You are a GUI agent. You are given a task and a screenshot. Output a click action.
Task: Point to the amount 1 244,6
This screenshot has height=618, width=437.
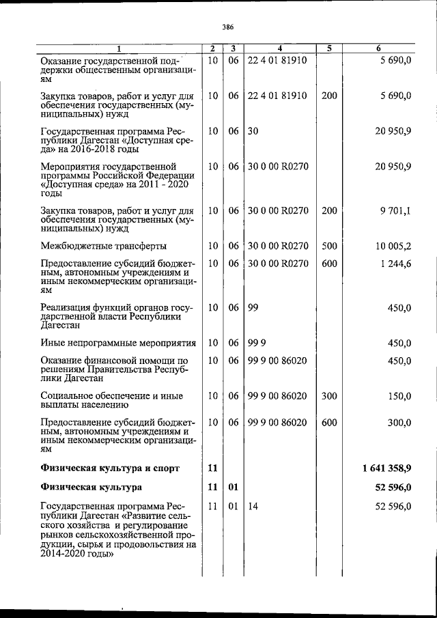[x=391, y=264]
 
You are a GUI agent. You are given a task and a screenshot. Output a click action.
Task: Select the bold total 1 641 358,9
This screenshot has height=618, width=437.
[x=383, y=468]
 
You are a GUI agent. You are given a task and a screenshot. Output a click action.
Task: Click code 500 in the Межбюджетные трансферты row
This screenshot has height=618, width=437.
[x=329, y=246]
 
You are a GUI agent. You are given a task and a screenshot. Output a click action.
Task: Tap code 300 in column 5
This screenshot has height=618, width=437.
[x=329, y=396]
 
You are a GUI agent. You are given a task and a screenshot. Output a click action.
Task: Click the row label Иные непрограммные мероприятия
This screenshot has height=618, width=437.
[x=117, y=343]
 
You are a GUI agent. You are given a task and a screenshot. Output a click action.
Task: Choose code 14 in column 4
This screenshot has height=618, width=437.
[x=253, y=506]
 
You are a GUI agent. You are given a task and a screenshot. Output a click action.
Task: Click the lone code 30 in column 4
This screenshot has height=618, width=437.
[x=253, y=130]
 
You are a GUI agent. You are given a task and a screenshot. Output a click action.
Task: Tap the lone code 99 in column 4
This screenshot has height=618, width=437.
[x=253, y=308]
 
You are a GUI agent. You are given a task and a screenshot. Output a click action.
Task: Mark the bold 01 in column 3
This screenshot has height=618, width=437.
[x=233, y=488]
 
